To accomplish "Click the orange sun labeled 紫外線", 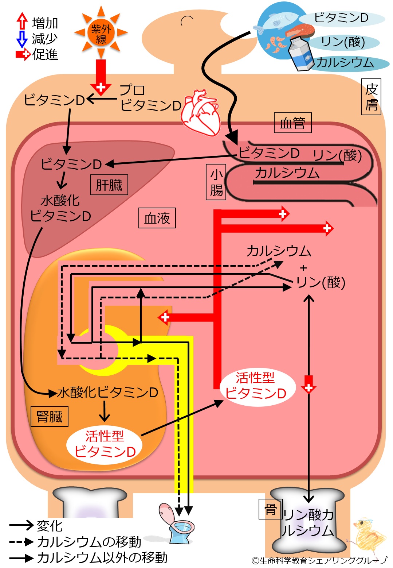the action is point(101,32).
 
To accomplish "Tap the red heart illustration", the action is point(201,113).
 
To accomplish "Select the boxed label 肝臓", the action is point(109,185).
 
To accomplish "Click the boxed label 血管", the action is point(293,123).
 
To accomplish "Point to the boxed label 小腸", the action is point(216,182).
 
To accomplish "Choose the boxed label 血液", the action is point(157,218).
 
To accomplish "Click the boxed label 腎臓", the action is point(50,416).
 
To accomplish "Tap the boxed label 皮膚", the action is point(371,97).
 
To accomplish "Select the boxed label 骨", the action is point(271,509).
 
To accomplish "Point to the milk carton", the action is point(301,54).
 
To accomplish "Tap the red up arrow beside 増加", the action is point(22,20).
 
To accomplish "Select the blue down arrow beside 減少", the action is point(22,39).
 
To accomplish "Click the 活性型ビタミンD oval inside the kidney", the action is point(105,444).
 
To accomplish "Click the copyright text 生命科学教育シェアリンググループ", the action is point(323,560).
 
